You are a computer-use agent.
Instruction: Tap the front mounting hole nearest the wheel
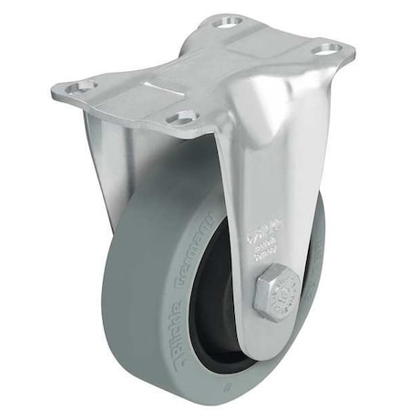[186, 118]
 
